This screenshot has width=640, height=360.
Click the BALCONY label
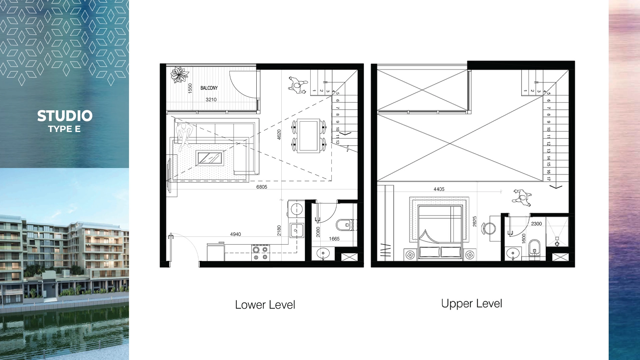coord(209,88)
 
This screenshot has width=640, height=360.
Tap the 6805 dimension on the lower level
coord(262,187)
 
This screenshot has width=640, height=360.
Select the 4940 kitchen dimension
coord(235,234)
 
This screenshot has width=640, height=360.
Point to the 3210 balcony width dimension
coord(211,100)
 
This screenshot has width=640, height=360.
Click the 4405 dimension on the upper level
coord(439,189)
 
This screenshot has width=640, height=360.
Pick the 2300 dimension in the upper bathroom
coord(536,224)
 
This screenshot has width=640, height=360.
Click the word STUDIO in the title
coord(65,116)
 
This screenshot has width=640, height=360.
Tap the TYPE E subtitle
coord(64,129)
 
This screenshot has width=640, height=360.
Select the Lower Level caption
coord(265,305)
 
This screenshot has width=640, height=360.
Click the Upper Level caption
coord(472,304)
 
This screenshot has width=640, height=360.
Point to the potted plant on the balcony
coord(180,75)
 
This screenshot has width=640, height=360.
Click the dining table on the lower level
coord(308,136)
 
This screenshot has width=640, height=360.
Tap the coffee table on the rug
coord(210,158)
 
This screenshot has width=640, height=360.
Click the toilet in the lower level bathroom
coord(345,225)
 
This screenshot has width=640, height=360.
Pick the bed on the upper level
coord(440,232)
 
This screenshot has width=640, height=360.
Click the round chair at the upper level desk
coord(489,228)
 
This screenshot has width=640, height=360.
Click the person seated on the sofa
coord(184,135)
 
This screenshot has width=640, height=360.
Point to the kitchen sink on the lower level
coord(296,230)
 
